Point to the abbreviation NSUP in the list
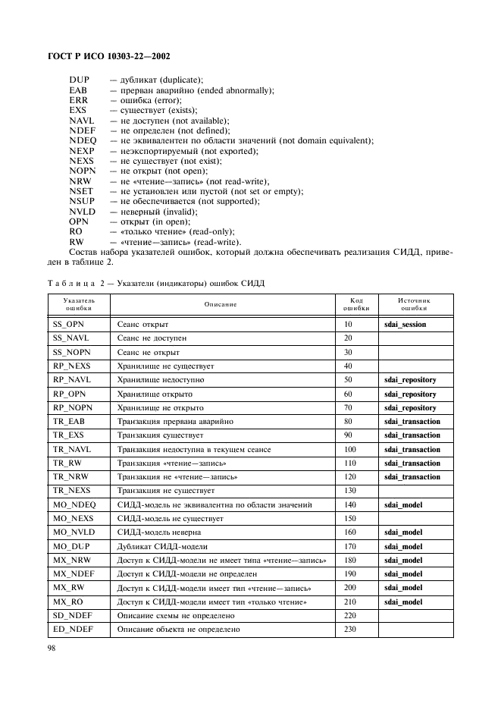click(82, 201)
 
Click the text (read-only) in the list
click(208, 231)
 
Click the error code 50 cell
click(348, 379)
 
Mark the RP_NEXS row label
click(71, 366)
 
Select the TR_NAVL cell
click(71, 449)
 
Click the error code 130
click(349, 491)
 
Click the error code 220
click(349, 615)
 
